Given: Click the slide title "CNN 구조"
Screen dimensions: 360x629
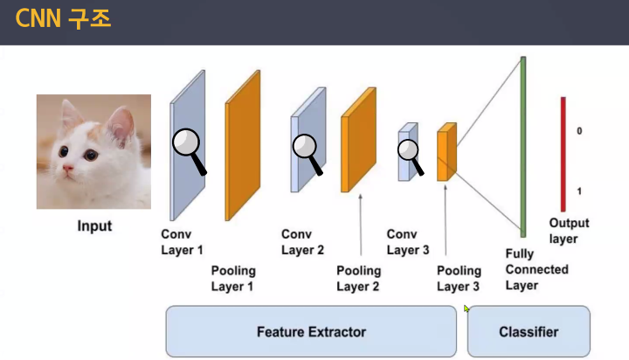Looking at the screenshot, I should tap(63, 18).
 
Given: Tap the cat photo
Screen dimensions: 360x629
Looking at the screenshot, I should tap(93, 151).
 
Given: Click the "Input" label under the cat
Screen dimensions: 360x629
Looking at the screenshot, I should tap(94, 226).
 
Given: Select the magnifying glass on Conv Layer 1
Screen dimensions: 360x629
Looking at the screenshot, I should tap(187, 143).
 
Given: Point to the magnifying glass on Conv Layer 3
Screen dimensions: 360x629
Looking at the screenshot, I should tap(410, 151).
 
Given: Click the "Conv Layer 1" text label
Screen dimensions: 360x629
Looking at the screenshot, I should tap(182, 242).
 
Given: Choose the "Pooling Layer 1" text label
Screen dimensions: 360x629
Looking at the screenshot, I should tap(232, 278).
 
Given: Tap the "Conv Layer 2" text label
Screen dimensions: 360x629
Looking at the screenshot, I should tap(302, 242).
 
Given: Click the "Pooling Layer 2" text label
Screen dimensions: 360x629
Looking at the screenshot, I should tap(358, 279).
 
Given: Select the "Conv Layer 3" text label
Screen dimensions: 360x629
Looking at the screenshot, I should tap(408, 242).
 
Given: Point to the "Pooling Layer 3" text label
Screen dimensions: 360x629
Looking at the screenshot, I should tap(459, 279).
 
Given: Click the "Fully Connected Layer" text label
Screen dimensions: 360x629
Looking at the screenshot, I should tap(536, 269).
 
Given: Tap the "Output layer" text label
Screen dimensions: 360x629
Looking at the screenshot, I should tap(569, 231).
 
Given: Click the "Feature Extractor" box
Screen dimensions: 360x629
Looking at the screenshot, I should tap(311, 331).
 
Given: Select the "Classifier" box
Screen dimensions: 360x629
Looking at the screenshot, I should tap(529, 331).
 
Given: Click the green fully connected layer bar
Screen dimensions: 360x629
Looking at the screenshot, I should tap(523, 146).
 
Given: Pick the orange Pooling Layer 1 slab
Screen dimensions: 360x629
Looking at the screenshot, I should tap(244, 144).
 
